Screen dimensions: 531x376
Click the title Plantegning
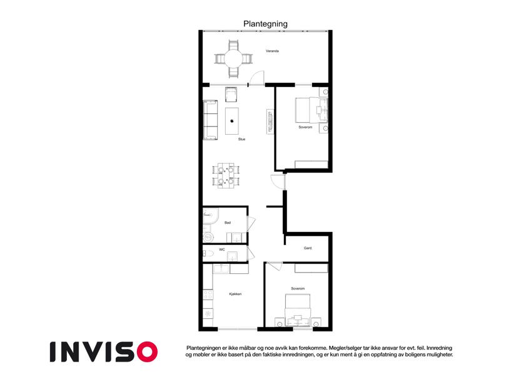[x=265, y=24]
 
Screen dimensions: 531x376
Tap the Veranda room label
[x=272, y=51]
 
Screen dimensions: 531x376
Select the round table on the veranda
[x=233, y=59]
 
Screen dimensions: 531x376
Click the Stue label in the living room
[x=241, y=139]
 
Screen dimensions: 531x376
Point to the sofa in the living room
[x=210, y=120]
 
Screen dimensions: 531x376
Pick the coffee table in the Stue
[x=232, y=121]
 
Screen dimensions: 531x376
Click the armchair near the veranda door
[x=231, y=95]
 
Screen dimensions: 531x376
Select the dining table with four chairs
[x=226, y=175]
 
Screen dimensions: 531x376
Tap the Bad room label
[x=228, y=222]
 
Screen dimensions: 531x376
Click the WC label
[x=222, y=250]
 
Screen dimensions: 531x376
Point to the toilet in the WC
[x=208, y=253]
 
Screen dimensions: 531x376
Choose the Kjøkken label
[x=235, y=294]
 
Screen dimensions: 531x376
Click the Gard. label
[x=308, y=248]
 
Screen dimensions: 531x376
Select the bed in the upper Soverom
[x=311, y=110]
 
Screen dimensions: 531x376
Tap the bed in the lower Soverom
[x=298, y=310]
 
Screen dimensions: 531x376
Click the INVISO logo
[x=104, y=352]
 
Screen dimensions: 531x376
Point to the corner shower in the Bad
[x=210, y=216]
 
